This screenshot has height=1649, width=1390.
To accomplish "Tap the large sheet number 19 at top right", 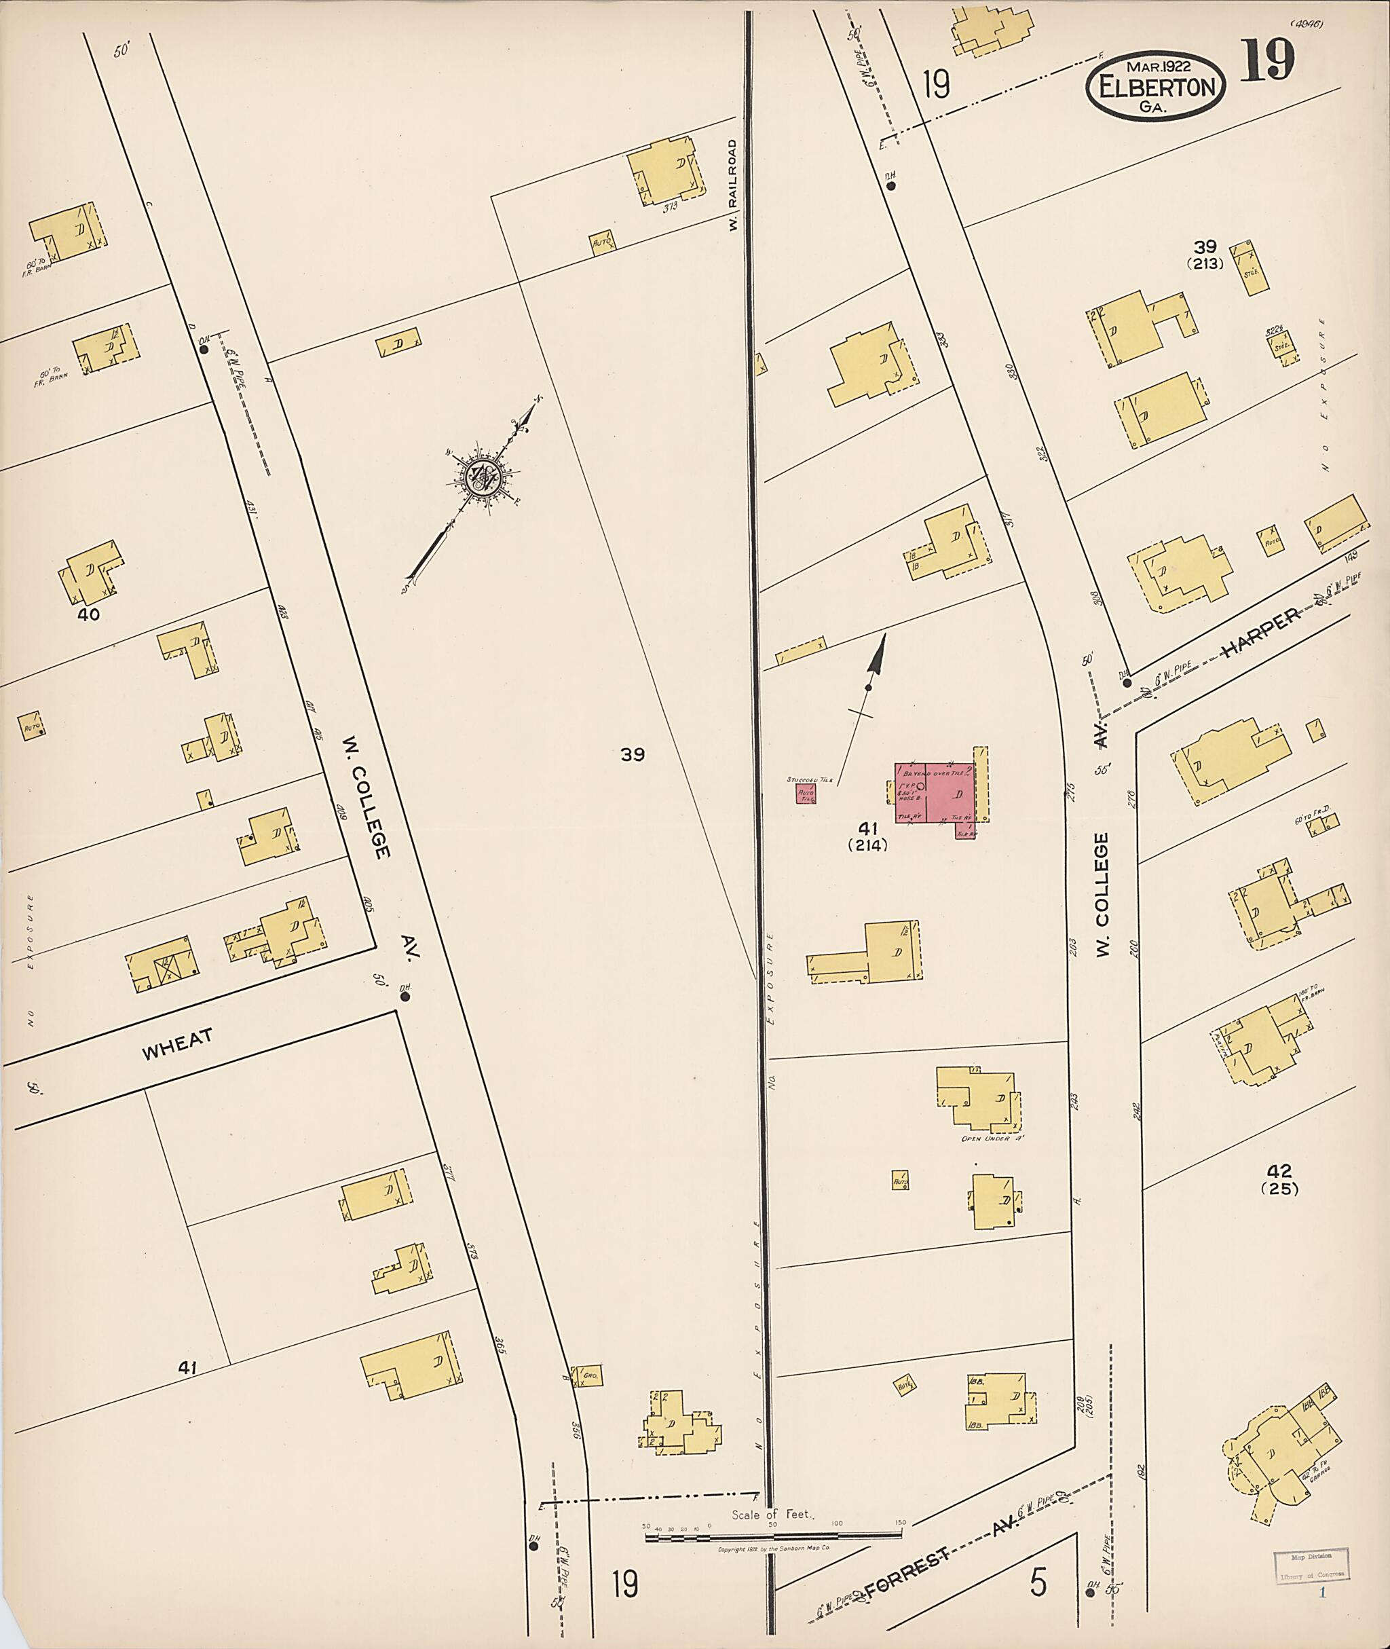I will pos(1268,60).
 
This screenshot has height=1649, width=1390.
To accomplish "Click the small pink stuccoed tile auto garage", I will pos(806,793).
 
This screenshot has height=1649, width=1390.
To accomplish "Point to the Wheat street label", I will pos(177,1045).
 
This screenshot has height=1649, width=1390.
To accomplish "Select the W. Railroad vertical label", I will pos(733,185).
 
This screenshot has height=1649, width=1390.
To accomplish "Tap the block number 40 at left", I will pos(88,614).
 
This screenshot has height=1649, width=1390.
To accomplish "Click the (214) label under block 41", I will pos(867,846).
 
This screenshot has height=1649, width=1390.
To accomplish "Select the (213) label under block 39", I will pos(1205,264).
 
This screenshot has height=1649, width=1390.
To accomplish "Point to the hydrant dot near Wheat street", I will pos(405,997).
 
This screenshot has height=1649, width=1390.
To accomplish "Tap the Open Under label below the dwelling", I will pos(992,1138).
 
